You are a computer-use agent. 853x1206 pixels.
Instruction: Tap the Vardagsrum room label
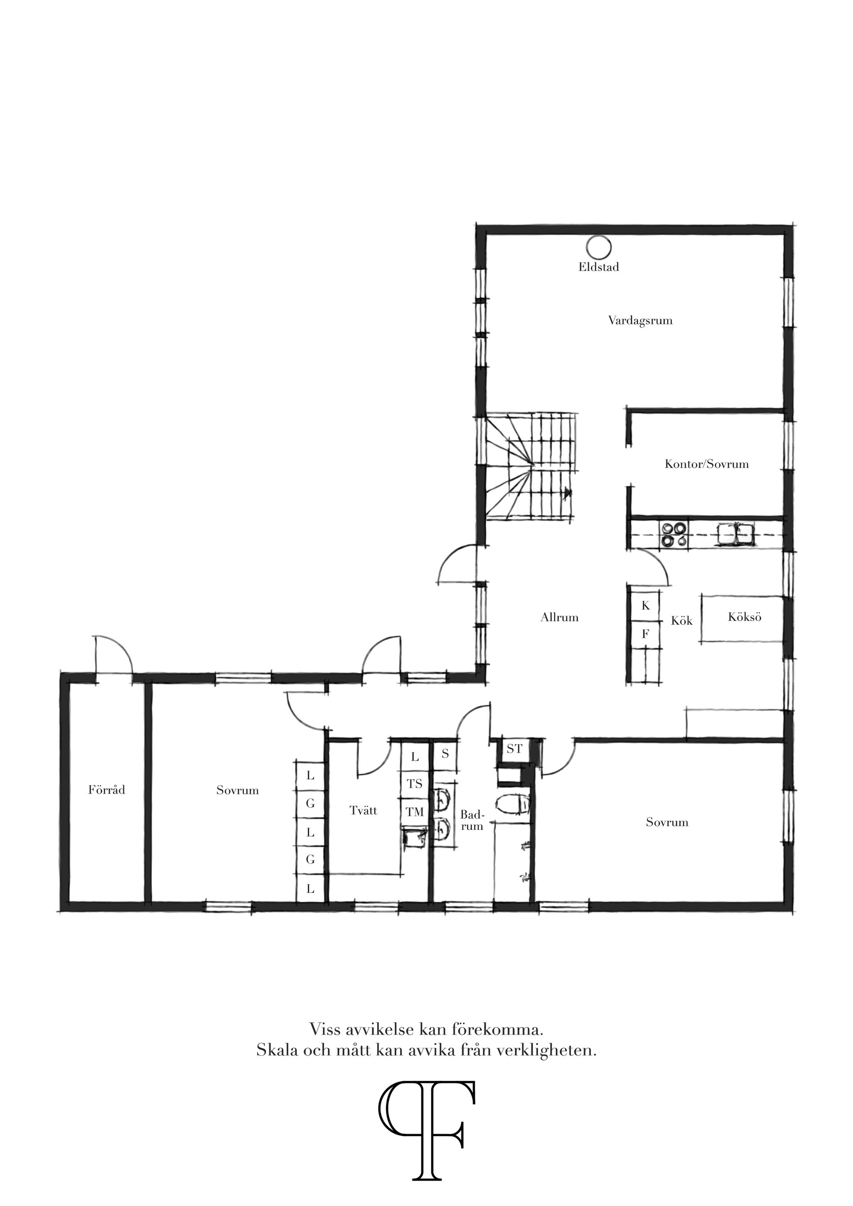click(640, 321)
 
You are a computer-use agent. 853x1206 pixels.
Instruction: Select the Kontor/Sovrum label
click(706, 464)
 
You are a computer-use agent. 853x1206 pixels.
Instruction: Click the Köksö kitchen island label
click(744, 617)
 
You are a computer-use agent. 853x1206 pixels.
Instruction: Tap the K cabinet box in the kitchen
click(646, 606)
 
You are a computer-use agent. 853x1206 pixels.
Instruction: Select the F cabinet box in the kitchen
click(646, 634)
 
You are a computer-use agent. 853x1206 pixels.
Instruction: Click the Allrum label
click(559, 618)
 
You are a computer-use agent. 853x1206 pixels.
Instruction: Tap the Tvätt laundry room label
click(363, 810)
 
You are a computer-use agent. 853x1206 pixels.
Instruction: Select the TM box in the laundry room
click(415, 813)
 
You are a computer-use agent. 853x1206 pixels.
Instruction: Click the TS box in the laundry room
click(415, 784)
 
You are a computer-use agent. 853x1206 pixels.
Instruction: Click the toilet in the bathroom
click(514, 805)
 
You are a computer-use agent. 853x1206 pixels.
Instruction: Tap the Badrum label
click(472, 821)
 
